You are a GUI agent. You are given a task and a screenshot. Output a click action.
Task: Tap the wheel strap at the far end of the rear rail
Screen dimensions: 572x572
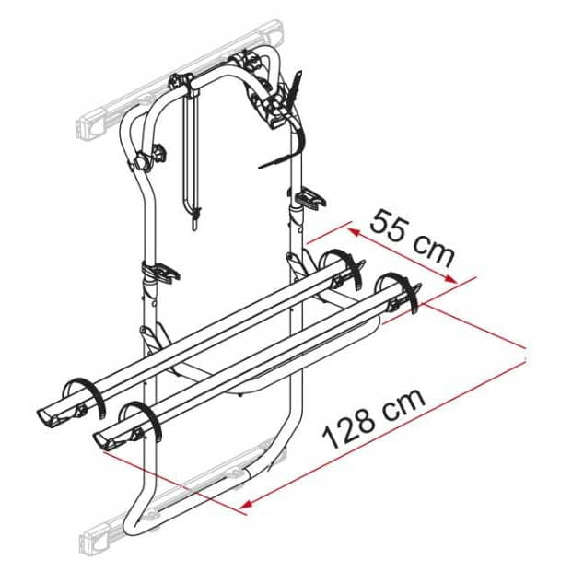[343, 263]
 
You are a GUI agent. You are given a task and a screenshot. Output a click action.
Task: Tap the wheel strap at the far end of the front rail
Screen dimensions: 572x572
[398, 287]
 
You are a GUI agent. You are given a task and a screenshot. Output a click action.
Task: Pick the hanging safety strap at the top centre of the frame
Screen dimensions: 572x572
[193, 157]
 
